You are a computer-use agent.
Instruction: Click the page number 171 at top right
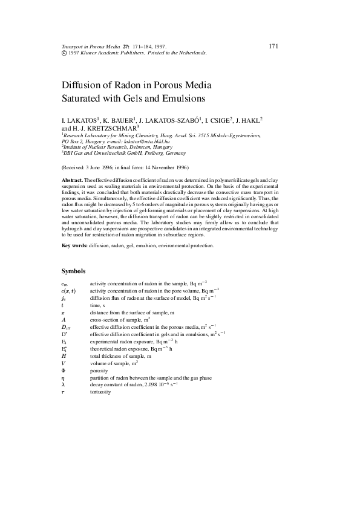(273, 47)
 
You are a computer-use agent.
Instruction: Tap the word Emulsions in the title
(182, 98)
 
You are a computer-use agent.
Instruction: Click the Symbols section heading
(74, 271)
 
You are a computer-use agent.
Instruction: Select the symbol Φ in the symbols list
(64, 371)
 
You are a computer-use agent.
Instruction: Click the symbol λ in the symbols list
(64, 384)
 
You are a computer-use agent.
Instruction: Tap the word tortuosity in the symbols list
(100, 392)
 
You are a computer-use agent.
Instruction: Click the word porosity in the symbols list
(99, 371)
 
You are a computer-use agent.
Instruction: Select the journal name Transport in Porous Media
(90, 47)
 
